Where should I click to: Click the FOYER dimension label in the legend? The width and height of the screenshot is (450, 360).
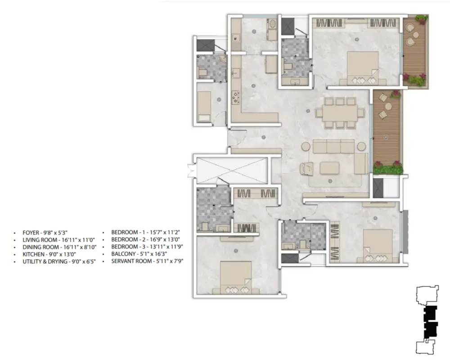(x=45, y=233)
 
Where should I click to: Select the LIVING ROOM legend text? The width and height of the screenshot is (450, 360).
(x=58, y=240)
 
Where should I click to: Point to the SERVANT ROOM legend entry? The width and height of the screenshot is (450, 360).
(x=147, y=261)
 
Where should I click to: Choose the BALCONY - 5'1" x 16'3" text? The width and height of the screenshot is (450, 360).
(x=139, y=254)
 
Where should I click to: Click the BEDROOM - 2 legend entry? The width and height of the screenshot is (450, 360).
(x=145, y=239)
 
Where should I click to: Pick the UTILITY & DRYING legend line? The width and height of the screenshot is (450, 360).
(x=59, y=261)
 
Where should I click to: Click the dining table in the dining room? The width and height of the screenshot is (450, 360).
(x=340, y=113)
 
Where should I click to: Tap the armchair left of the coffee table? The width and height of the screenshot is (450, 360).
(x=306, y=168)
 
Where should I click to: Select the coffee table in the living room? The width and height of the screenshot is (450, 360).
(x=330, y=168)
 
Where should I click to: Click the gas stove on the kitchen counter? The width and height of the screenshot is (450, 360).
(x=236, y=97)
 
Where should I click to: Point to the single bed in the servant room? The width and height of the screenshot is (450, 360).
(x=204, y=107)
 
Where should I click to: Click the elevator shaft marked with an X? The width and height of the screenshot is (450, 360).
(x=232, y=171)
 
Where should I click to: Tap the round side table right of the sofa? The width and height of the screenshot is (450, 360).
(x=362, y=146)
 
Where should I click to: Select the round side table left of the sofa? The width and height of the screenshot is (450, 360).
(x=306, y=146)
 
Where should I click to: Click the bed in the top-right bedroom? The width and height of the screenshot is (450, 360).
(x=363, y=68)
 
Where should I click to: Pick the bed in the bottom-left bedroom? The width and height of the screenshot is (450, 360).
(x=236, y=278)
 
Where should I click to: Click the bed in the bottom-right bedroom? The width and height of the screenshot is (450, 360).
(x=378, y=246)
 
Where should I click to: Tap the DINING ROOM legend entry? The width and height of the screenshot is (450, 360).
(x=59, y=247)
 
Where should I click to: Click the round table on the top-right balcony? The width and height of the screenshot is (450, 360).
(x=415, y=35)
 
